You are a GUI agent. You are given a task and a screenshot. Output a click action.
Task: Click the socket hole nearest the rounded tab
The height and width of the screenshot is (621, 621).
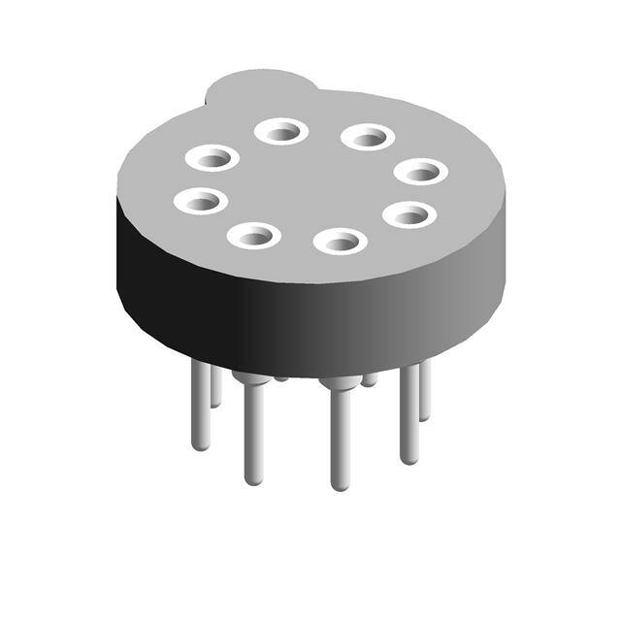281,130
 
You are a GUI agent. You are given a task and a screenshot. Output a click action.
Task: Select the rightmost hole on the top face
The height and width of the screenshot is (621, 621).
421,172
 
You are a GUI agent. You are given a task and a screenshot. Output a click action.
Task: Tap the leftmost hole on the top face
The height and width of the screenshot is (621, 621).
201,202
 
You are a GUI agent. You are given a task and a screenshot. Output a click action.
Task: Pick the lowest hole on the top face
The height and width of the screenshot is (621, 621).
340,240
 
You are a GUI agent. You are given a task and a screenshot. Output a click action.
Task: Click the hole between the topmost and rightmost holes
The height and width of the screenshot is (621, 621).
368,137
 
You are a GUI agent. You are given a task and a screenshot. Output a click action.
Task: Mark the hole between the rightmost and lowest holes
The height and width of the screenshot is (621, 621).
409,214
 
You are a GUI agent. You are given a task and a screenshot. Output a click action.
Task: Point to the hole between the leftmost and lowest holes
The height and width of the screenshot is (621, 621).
254,234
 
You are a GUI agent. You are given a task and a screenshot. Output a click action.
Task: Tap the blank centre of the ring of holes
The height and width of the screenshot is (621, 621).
310,184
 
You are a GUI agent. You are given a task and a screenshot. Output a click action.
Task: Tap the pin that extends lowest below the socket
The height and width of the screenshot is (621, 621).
340,437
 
